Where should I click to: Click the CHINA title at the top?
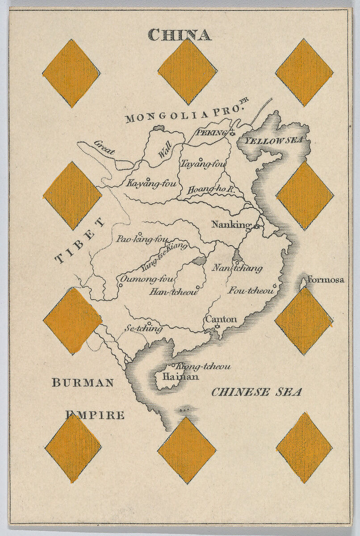179,35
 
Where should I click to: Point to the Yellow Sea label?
273,141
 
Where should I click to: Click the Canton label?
221,319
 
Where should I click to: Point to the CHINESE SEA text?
256,392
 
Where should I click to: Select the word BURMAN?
83,382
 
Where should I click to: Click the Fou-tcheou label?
251,290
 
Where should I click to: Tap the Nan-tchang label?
237,268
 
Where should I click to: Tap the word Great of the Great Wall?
104,147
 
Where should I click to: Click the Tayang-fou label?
203,164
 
